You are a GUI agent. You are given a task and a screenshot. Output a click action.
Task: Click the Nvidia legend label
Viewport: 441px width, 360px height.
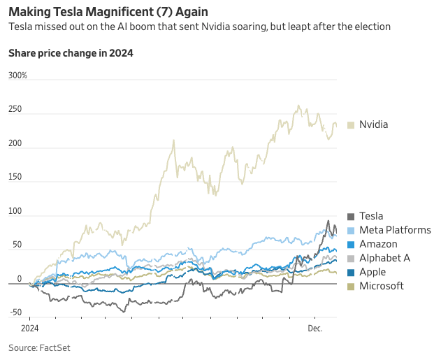pyautogui.click(x=373, y=124)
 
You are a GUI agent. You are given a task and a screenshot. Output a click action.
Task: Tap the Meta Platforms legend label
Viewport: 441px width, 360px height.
pyautogui.click(x=395, y=230)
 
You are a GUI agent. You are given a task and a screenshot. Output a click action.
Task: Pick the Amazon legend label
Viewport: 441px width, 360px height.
pyautogui.click(x=378, y=244)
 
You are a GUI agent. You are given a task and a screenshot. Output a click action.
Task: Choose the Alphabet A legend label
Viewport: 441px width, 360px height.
pyautogui.click(x=384, y=258)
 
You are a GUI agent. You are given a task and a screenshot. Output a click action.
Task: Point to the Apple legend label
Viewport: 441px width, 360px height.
pyautogui.click(x=373, y=272)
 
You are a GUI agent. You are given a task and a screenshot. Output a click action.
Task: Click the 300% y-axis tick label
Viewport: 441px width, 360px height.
pyautogui.click(x=17, y=75)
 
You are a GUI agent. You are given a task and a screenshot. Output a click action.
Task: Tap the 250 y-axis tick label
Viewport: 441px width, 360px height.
pyautogui.click(x=15, y=109)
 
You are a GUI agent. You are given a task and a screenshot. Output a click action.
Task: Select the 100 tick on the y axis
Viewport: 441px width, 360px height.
pyautogui.click(x=15, y=211)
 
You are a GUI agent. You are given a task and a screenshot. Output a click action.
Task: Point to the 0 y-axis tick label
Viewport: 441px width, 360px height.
pyautogui.click(x=19, y=279)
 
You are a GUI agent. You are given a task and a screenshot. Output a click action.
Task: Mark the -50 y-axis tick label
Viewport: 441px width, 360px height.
pyautogui.click(x=15, y=312)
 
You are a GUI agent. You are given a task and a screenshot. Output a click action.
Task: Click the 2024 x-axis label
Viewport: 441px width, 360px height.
pyautogui.click(x=29, y=327)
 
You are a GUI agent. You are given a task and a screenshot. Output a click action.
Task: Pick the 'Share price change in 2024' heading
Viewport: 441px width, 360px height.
pyautogui.click(x=71, y=53)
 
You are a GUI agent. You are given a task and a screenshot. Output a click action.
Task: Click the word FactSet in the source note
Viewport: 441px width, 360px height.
pyautogui.click(x=55, y=347)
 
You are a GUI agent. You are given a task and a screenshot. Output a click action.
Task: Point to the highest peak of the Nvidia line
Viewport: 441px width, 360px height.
pyautogui.click(x=299, y=106)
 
